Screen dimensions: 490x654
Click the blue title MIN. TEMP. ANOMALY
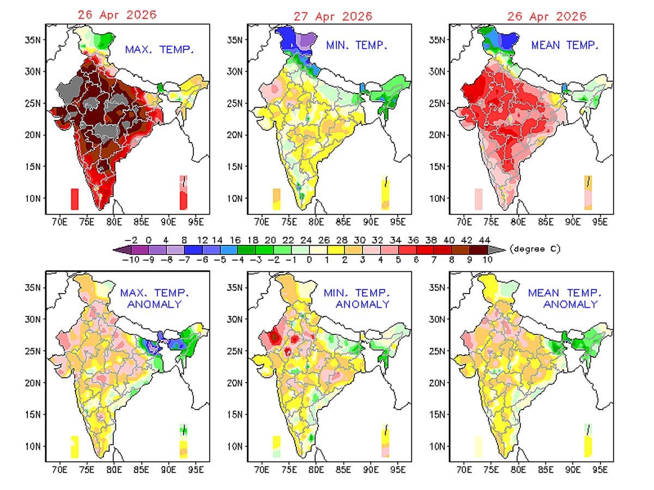point(357,298)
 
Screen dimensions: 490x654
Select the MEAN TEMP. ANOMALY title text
point(562,298)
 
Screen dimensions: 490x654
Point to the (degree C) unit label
point(535,249)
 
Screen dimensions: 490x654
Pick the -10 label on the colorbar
point(131,260)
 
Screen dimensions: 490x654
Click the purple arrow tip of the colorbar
point(118,249)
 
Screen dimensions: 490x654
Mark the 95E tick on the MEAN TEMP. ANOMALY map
point(600,469)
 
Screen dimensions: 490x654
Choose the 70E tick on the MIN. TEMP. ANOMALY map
point(262,469)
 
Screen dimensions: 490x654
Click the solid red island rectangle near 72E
point(75,199)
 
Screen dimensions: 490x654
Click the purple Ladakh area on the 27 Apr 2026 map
point(306,41)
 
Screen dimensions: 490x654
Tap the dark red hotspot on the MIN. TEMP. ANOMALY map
point(276,338)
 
